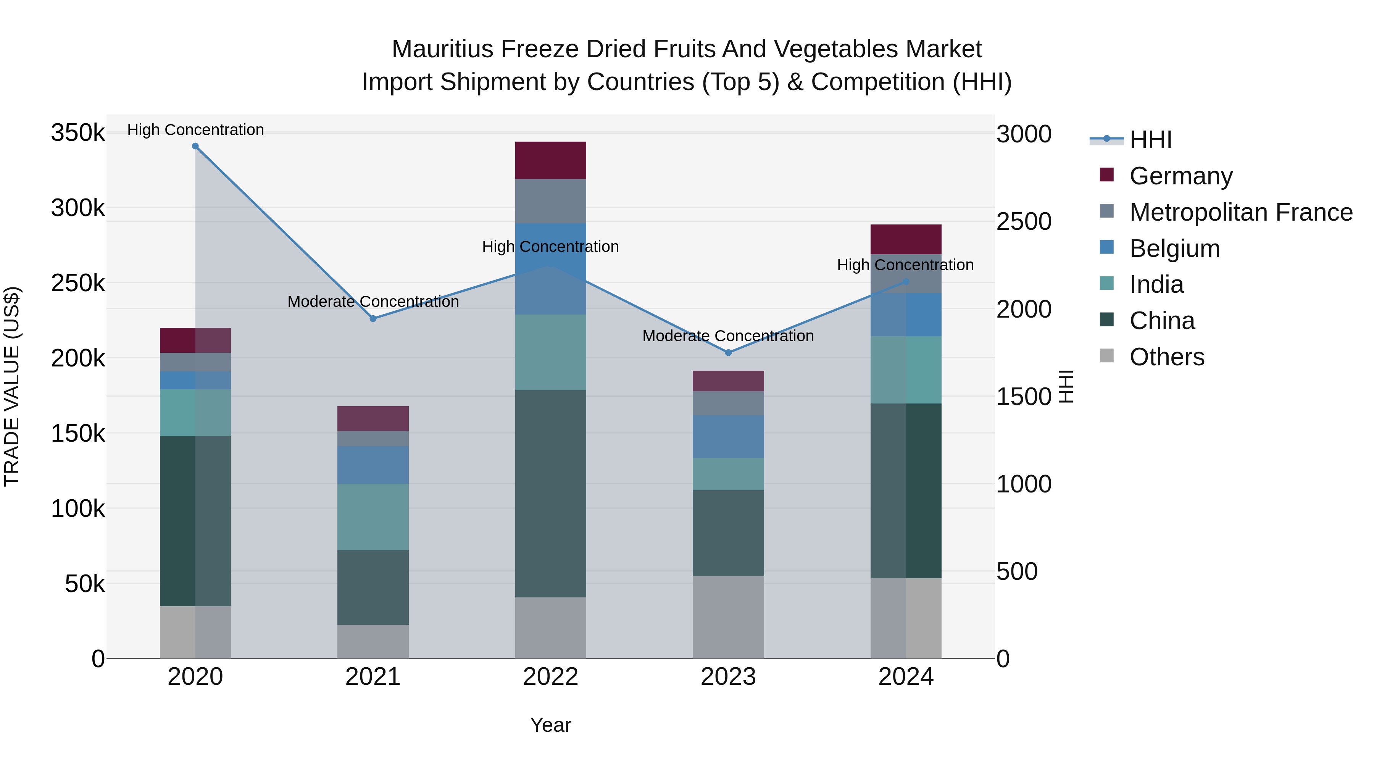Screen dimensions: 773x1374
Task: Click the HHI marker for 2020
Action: click(195, 146)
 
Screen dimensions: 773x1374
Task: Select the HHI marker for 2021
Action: click(373, 318)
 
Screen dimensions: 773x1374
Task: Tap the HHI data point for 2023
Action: click(728, 353)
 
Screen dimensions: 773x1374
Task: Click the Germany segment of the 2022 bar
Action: click(550, 160)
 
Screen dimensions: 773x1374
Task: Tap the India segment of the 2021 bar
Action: click(373, 516)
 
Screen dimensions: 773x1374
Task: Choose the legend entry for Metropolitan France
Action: click(1241, 212)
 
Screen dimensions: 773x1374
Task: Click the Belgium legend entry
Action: click(1174, 249)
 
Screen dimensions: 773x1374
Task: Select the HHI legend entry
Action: click(1150, 140)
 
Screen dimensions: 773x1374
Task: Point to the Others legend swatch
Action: click(1107, 356)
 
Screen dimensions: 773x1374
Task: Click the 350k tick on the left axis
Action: click(78, 133)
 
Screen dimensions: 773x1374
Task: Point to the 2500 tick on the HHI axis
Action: click(1024, 222)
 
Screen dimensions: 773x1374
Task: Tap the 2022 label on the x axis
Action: click(550, 677)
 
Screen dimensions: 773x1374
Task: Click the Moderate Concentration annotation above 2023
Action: click(728, 336)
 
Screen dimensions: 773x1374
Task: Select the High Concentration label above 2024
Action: click(905, 265)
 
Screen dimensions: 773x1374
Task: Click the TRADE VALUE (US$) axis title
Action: click(12, 386)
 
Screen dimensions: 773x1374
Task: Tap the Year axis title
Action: click(550, 725)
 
